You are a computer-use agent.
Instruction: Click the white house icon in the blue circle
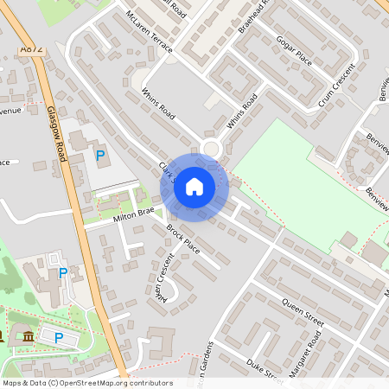[x=194, y=186]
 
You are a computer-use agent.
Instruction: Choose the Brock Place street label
[x=182, y=239]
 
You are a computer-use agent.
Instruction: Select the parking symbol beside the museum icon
[x=59, y=337]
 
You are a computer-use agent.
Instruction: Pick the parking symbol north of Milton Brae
[x=100, y=156]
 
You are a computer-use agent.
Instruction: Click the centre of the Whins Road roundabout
[x=211, y=150]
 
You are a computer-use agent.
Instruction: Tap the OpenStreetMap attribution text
[x=87, y=382]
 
